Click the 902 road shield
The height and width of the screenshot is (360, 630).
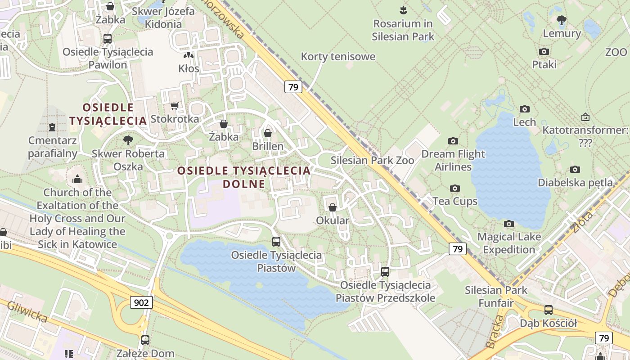(141, 302)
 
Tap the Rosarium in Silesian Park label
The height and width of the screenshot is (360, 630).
(403, 30)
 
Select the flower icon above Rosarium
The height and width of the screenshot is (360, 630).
(403, 10)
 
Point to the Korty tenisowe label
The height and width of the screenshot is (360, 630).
(338, 57)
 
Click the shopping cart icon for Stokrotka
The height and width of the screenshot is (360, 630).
(175, 106)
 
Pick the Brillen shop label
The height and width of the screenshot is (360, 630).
(268, 146)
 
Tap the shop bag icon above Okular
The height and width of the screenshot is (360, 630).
(333, 207)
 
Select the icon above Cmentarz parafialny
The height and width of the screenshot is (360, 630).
(52, 127)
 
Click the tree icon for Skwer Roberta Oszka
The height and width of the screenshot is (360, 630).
(128, 140)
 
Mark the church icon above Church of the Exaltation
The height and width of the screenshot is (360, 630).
(77, 180)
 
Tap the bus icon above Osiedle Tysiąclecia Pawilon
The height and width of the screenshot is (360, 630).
(108, 39)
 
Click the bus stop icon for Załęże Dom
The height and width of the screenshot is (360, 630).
(145, 340)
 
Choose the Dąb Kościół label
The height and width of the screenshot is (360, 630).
(548, 323)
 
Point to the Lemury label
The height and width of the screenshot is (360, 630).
(562, 33)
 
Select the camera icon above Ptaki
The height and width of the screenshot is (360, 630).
(544, 51)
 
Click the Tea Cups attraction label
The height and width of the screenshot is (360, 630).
(455, 201)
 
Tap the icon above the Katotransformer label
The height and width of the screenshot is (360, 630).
(585, 117)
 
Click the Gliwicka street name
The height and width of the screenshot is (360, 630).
(27, 311)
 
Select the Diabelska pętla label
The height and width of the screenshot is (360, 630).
(575, 183)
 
